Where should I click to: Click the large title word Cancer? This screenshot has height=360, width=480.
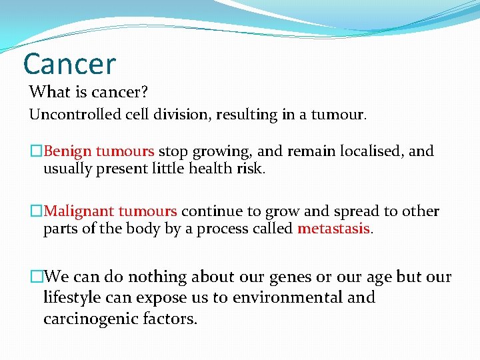coord(69,64)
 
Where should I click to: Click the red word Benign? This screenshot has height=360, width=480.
coord(69,151)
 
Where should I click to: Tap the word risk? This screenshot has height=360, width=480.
coord(253,169)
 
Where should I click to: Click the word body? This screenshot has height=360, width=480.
coord(138,229)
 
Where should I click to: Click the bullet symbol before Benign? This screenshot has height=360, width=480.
coord(37,152)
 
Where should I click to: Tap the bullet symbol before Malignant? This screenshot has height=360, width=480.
coord(37,212)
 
